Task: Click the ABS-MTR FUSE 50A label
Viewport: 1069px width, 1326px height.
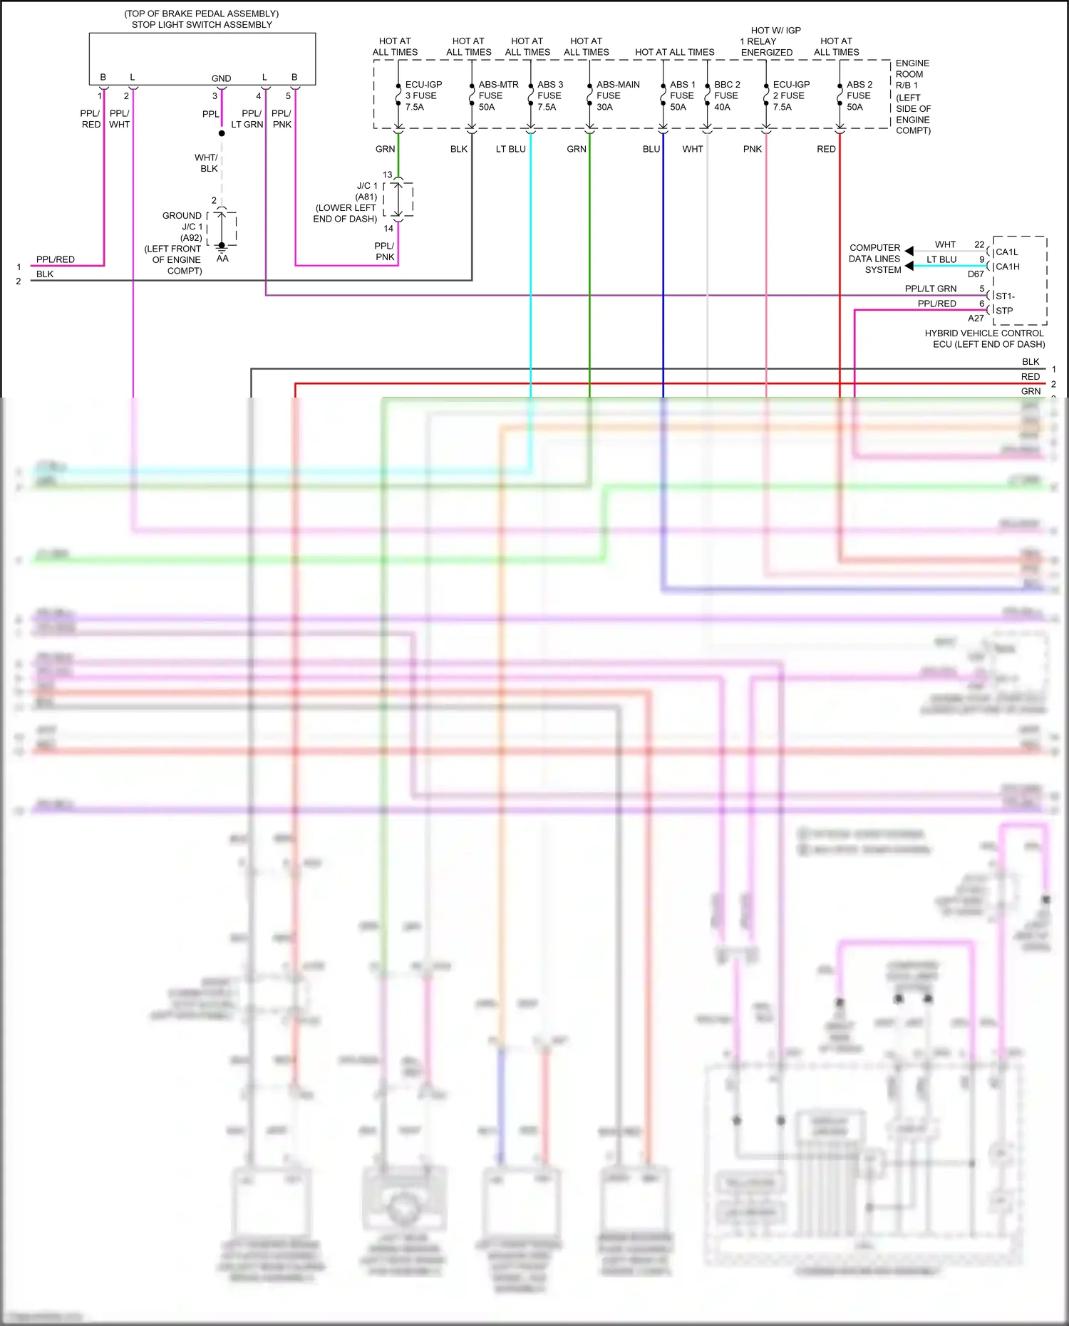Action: pyautogui.click(x=497, y=95)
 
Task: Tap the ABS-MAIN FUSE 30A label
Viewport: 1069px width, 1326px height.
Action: pyautogui.click(x=617, y=95)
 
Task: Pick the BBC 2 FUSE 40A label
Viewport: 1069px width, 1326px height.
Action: pyautogui.click(x=726, y=95)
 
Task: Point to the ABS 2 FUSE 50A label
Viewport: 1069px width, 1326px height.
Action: pyautogui.click(x=859, y=95)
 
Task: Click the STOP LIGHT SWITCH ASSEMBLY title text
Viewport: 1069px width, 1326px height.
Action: pyautogui.click(x=202, y=24)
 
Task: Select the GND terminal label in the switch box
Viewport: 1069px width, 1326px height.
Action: pyautogui.click(x=221, y=78)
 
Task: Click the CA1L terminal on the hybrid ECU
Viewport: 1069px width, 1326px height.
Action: pyautogui.click(x=1006, y=252)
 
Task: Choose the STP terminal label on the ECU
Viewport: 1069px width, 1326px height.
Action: pyautogui.click(x=1004, y=311)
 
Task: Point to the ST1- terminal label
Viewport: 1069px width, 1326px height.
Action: pyautogui.click(x=1005, y=296)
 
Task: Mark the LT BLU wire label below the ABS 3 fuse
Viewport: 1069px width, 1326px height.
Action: pyautogui.click(x=510, y=149)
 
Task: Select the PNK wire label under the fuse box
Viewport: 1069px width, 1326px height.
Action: pyautogui.click(x=752, y=149)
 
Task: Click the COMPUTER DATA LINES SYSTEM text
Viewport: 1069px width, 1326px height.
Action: pyautogui.click(x=874, y=259)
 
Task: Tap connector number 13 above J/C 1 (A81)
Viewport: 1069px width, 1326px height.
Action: pyautogui.click(x=387, y=175)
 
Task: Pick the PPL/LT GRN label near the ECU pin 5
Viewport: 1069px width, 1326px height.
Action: pyautogui.click(x=930, y=289)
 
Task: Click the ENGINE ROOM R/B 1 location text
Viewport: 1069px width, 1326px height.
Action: pyautogui.click(x=912, y=96)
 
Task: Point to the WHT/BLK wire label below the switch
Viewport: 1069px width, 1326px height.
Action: pyautogui.click(x=207, y=163)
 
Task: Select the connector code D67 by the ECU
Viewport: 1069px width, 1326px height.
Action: pyautogui.click(x=975, y=274)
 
